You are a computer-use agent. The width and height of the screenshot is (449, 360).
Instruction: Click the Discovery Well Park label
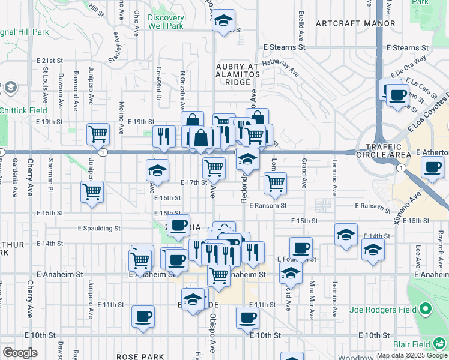(x=166, y=22)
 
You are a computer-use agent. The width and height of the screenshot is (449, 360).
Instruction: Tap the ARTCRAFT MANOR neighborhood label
(x=355, y=23)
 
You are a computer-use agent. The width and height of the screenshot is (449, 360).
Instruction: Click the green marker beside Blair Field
(x=441, y=344)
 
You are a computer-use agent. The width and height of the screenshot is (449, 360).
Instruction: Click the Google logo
(x=20, y=353)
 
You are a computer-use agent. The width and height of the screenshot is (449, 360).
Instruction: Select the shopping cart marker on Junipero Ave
(x=98, y=134)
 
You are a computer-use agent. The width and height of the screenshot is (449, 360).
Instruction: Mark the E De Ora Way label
(x=408, y=66)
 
